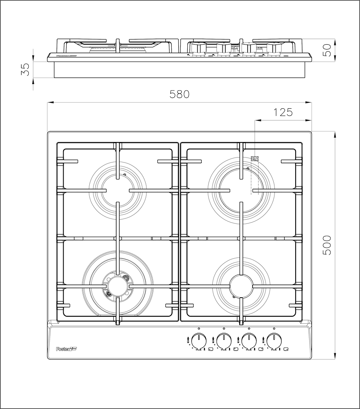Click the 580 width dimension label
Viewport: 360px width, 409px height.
(x=179, y=94)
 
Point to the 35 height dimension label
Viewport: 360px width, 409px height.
(x=25, y=69)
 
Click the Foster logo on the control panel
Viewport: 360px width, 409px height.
(x=67, y=349)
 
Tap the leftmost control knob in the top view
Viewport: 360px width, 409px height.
(x=199, y=341)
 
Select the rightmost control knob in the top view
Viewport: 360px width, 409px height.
(x=274, y=341)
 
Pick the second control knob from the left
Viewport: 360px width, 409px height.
(x=224, y=341)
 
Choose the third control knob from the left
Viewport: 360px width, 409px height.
(x=249, y=341)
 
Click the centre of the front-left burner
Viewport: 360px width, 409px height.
(x=117, y=286)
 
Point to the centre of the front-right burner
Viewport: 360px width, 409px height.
(x=241, y=286)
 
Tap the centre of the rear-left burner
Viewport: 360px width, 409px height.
(x=117, y=190)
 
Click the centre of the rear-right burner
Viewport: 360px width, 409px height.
(x=241, y=190)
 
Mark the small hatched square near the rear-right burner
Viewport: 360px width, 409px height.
(x=254, y=158)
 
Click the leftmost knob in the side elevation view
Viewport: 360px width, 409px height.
(x=199, y=49)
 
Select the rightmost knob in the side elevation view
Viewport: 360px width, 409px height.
(x=274, y=49)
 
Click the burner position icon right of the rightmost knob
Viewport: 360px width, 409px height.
(x=287, y=350)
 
